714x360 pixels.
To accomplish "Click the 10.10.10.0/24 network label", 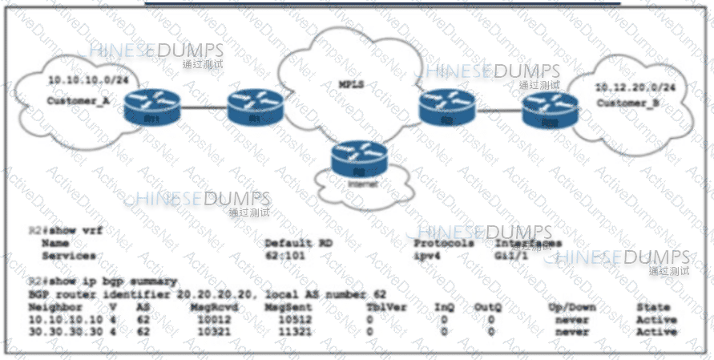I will pyautogui.click(x=79, y=80).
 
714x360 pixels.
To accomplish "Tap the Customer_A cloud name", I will pyautogui.click(x=78, y=102).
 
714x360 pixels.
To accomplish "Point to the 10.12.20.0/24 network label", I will pyautogui.click(x=629, y=87).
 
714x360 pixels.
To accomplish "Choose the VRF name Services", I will pyautogui.click(x=69, y=256).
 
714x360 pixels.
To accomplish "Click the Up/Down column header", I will pyautogui.click(x=572, y=307).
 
